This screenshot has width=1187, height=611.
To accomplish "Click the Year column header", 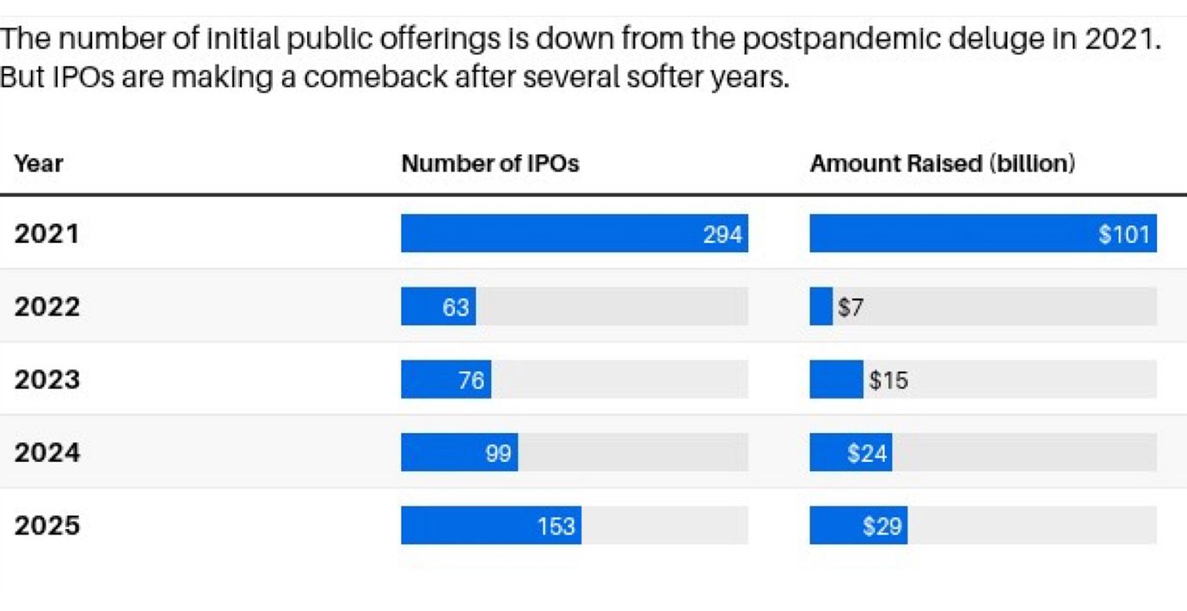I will pos(39,164).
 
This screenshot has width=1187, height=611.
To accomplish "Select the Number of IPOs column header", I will pos(490,164).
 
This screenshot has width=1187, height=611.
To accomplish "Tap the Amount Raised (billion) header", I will pos(942,164).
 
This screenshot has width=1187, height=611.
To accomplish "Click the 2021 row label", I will pos(46,234).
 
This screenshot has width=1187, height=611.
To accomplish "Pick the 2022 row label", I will pos(46,306).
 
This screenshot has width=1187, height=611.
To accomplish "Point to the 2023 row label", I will pos(46,380).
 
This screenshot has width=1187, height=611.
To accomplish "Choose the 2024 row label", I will pos(46,453).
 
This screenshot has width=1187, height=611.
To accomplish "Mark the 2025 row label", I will pos(46,525).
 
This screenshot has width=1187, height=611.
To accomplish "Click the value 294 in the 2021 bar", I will pos(723,234).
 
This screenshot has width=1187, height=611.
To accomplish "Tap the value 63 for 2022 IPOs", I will pos(456,307).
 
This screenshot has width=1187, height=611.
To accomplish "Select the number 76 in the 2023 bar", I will pos(471,380).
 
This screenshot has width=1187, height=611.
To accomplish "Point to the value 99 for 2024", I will pos(498,453).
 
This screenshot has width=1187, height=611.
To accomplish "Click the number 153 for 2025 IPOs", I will pos(556,525).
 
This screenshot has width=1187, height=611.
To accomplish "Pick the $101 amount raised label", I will pos(1124,234).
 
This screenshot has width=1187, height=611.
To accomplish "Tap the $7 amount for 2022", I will pos(850,307).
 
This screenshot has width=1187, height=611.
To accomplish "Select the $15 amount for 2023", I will pos(888,380).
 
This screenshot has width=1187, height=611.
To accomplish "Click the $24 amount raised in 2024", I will pos(867,453).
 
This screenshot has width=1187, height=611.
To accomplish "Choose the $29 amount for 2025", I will pos(883,525).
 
